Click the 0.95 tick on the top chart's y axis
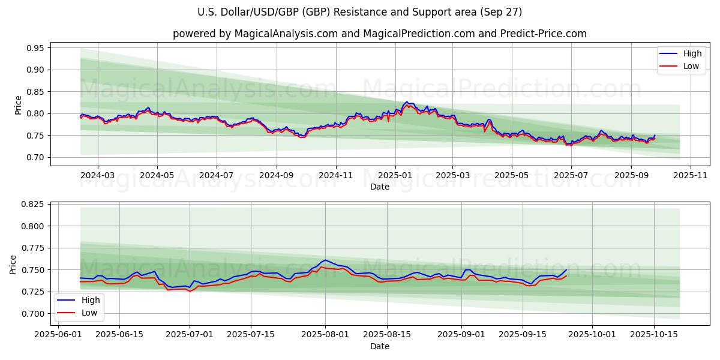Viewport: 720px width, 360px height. [34, 48]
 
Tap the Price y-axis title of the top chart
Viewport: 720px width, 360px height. [18, 105]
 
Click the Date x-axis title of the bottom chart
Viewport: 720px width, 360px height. [379, 346]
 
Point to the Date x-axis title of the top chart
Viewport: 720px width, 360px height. [379, 187]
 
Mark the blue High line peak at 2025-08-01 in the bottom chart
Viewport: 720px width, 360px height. [325, 260]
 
